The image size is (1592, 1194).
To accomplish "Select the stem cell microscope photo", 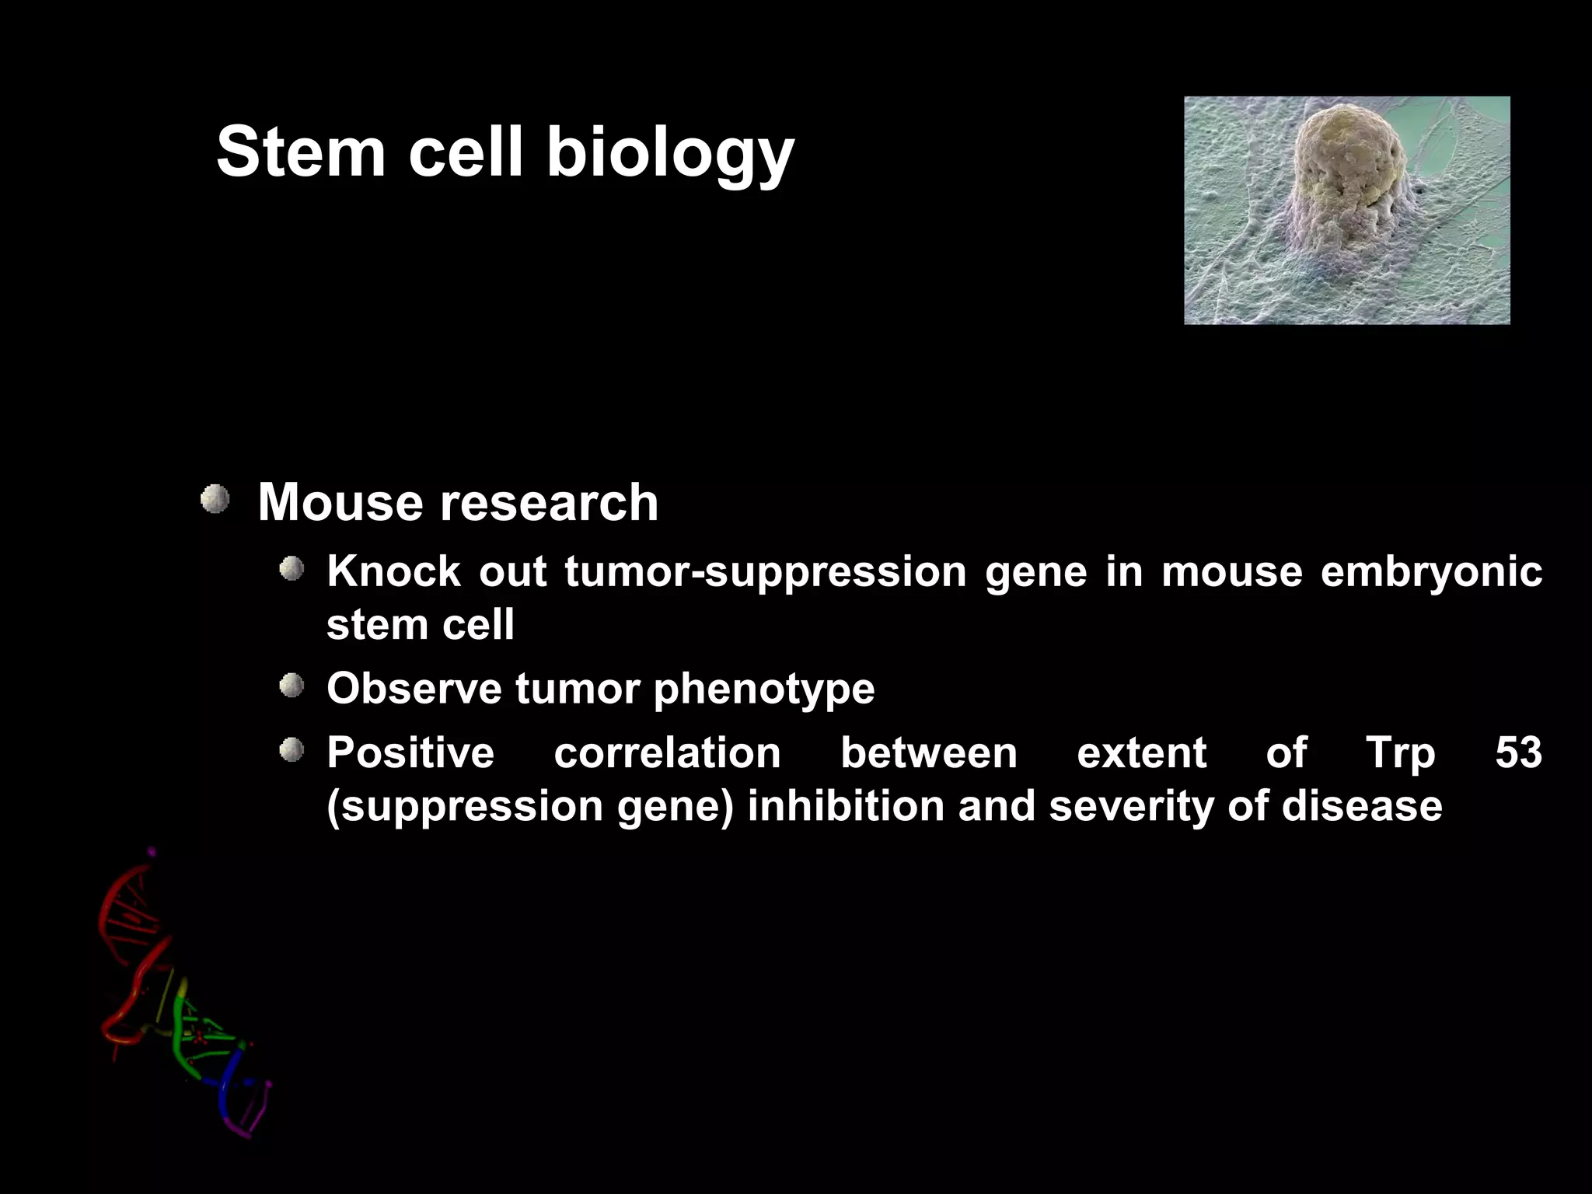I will (1346, 210).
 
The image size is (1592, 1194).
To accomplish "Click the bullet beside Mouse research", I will (215, 499).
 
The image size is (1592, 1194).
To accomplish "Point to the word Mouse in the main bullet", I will (342, 502).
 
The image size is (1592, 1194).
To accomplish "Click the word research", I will (550, 502).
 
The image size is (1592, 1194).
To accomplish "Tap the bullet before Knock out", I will (292, 569).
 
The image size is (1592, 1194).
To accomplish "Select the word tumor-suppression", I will (765, 573).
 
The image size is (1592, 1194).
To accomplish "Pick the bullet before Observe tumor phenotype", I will (292, 686).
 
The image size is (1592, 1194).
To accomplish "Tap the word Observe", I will (414, 689).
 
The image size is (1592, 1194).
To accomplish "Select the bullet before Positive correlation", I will (292, 750).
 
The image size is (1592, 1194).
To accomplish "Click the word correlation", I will (667, 752).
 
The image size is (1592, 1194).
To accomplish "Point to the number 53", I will (1517, 752).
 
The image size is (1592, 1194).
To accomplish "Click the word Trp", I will (1400, 754).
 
